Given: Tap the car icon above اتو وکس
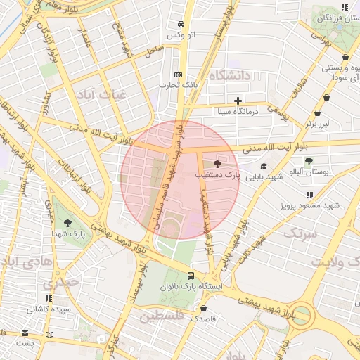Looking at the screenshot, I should [181, 24].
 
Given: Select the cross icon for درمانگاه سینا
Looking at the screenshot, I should [238, 101].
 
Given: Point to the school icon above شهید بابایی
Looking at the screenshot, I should [264, 166].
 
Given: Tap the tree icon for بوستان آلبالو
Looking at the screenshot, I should [309, 161].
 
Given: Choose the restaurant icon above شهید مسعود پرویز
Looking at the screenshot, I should [309, 195].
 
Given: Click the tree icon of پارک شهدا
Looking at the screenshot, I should [67, 223].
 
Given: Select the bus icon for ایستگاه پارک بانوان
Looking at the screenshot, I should [191, 276].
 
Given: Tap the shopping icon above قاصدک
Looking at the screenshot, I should [204, 307].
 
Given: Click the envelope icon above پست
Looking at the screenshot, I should [25, 333].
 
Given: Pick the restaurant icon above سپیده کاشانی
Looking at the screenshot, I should [49, 298].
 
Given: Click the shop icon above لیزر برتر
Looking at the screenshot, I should [317, 112].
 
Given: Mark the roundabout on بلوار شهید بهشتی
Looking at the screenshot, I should [304, 314].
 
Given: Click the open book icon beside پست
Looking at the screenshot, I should [49, 333].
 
